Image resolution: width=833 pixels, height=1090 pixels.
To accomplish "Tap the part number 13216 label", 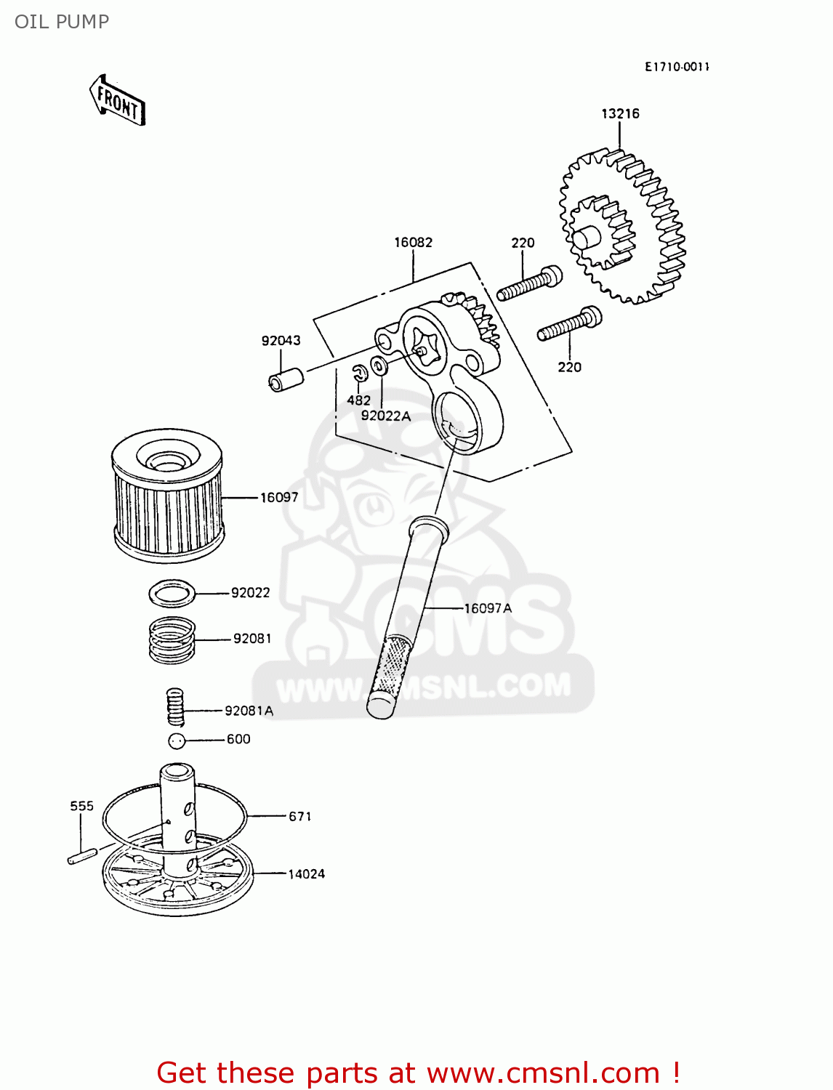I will [x=620, y=113].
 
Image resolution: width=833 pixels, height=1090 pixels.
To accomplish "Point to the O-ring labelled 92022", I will [x=172, y=594].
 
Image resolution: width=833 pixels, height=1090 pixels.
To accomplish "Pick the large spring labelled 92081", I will [x=172, y=639].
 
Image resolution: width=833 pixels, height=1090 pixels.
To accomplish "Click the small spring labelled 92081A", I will [x=175, y=707].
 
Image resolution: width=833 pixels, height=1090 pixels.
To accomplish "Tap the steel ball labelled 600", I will [x=177, y=740].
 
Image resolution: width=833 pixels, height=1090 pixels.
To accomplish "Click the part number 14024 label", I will [x=306, y=874].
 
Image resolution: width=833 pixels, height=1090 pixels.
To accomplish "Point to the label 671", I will [x=300, y=817].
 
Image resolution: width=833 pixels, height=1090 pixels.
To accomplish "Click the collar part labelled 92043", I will [x=286, y=380].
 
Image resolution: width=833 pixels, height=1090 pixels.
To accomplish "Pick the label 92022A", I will [x=385, y=416].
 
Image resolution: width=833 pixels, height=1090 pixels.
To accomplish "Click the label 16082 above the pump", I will [x=413, y=242].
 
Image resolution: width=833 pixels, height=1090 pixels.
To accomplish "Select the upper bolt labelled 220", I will [x=529, y=284].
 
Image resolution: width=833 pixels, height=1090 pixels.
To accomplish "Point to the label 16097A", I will [x=488, y=608].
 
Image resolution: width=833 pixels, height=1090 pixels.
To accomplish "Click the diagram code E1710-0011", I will [x=677, y=67].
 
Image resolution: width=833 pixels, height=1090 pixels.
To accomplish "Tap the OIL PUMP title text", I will [x=62, y=22].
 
